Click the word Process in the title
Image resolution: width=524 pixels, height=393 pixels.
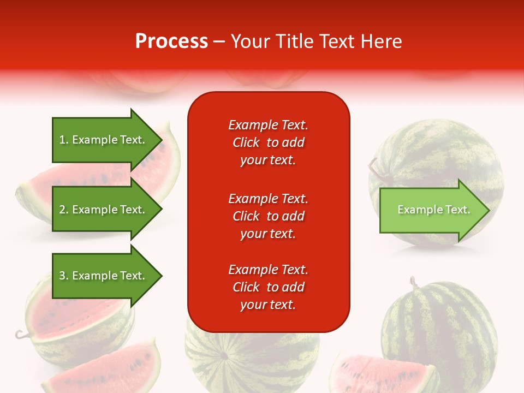[171, 41]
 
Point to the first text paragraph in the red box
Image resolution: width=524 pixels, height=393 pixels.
[268, 142]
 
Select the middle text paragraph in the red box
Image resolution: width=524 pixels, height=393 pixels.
[268, 216]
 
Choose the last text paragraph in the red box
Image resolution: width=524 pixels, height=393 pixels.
[268, 287]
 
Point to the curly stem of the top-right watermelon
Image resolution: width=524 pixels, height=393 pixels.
[373, 169]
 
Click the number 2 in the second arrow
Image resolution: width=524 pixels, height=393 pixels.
[62, 210]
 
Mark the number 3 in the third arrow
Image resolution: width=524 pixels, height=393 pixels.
[62, 276]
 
